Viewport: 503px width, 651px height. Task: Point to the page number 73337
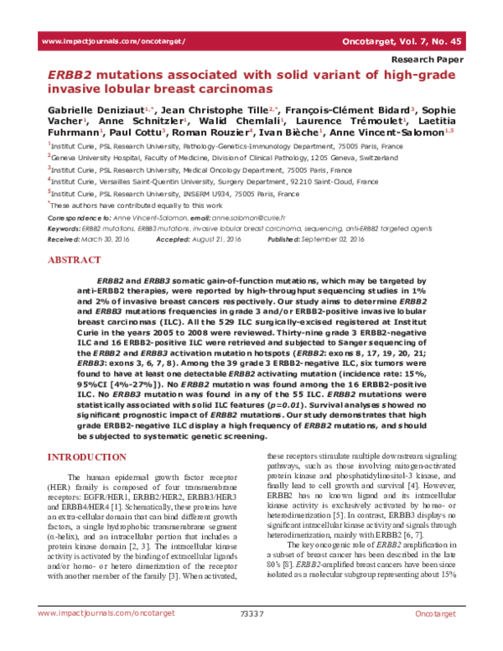pos(251,637)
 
